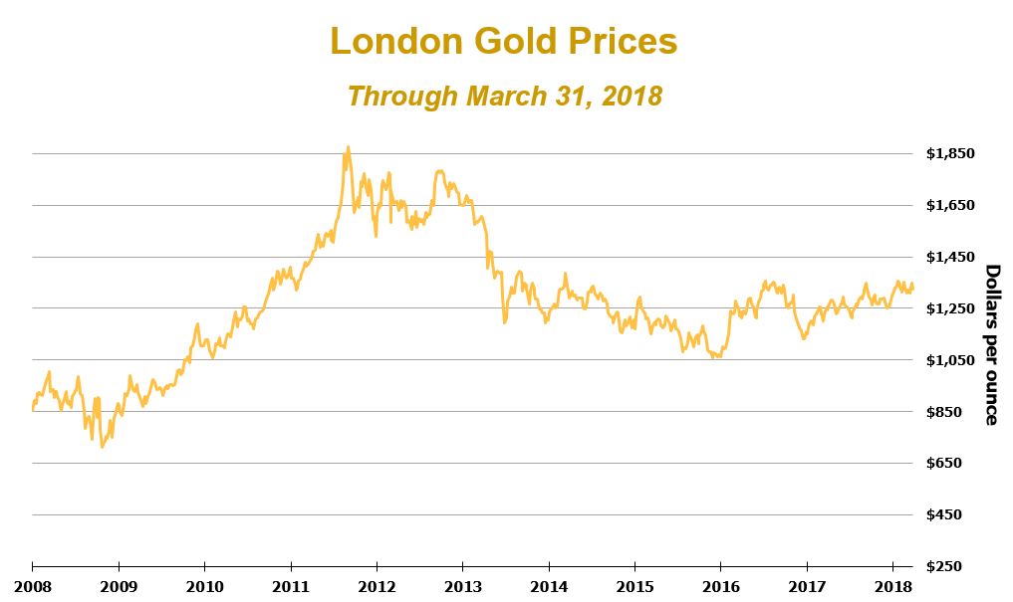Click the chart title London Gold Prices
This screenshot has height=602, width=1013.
503,42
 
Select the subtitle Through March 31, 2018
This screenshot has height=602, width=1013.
505,97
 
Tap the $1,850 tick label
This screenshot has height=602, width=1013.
949,154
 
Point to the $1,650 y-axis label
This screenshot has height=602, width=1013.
949,206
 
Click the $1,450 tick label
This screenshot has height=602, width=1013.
949,258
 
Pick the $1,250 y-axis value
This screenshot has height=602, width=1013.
949,308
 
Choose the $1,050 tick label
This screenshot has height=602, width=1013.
949,360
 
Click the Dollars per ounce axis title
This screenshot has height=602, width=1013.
991,344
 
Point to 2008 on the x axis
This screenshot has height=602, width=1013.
32,587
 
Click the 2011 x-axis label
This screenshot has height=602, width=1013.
290,587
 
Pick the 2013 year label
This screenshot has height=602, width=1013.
462,587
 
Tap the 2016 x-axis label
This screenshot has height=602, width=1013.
720,587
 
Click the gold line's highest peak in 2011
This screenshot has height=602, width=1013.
348,147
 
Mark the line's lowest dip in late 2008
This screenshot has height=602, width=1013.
102,447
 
